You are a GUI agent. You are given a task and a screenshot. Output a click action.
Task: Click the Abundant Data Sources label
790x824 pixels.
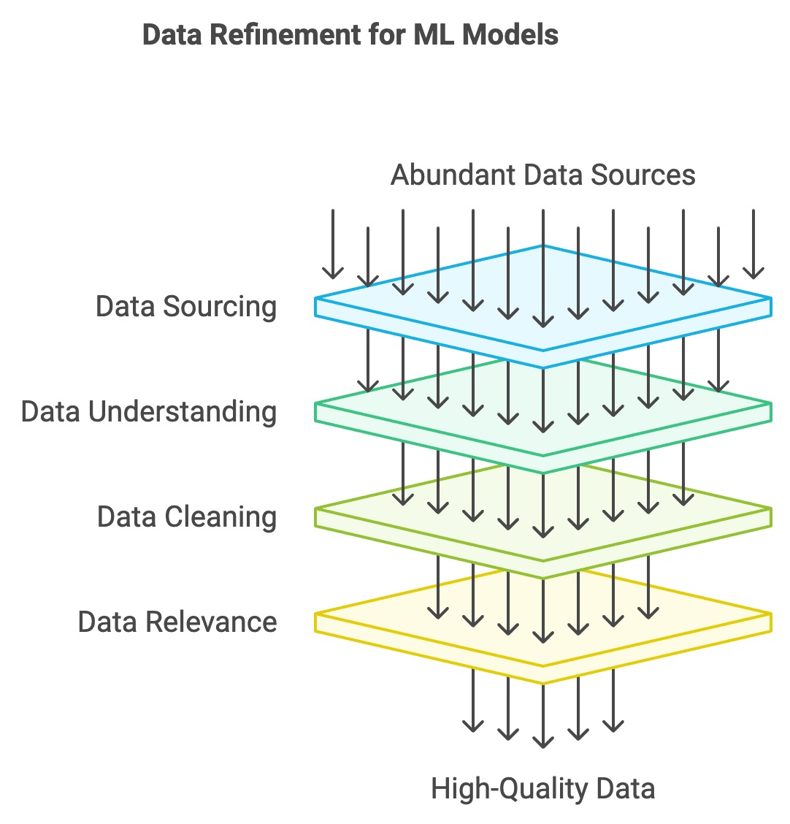tap(542, 175)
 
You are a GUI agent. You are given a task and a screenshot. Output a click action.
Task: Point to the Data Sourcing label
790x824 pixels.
tap(186, 307)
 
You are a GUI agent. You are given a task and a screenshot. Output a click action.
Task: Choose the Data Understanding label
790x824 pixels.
tap(149, 412)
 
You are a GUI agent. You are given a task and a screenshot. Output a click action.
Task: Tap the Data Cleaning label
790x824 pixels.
tap(187, 517)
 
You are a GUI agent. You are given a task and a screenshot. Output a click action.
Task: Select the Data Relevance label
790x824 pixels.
tap(177, 622)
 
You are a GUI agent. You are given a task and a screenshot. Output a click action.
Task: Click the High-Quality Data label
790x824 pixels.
tap(542, 790)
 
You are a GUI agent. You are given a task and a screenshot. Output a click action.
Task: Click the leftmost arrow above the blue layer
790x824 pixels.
tap(333, 245)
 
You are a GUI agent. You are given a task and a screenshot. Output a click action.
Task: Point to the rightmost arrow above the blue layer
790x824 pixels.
tap(753, 245)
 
